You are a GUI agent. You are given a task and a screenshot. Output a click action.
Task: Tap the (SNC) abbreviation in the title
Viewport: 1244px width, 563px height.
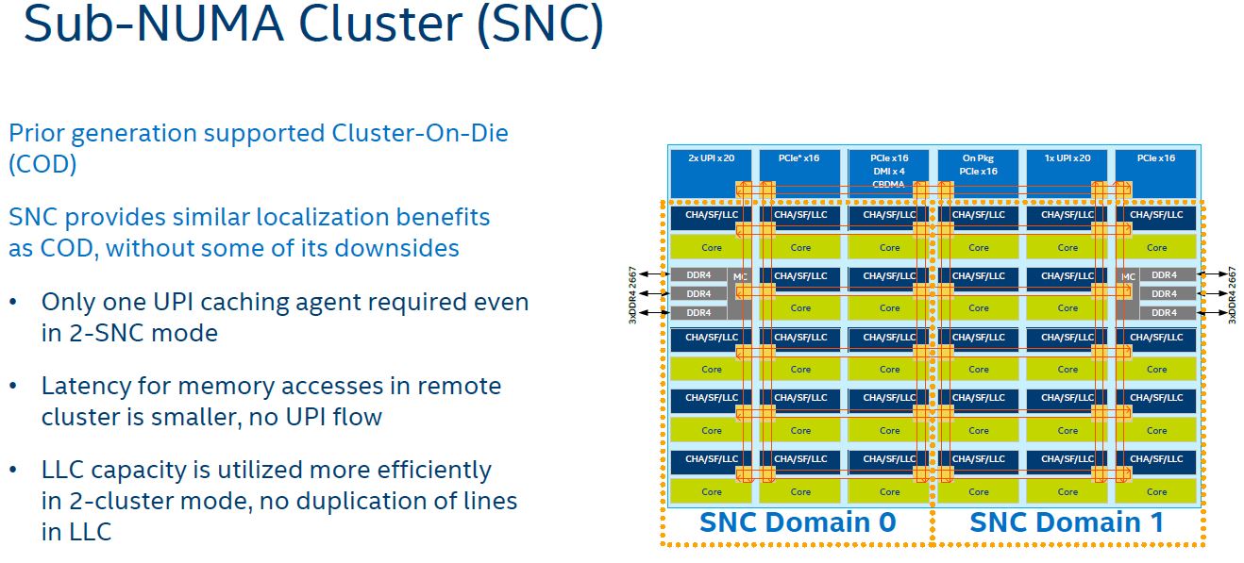(540, 25)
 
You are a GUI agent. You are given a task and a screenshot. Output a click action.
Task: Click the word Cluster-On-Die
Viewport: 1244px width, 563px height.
(420, 133)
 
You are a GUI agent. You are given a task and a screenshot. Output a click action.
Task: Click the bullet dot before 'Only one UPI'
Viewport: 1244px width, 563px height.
(13, 304)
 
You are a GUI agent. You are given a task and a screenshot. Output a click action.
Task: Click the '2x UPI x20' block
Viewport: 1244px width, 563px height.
(711, 172)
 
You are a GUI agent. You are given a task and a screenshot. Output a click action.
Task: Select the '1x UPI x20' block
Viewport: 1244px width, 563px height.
(1067, 172)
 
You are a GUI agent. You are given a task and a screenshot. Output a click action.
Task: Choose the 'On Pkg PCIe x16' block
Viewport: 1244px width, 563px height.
(978, 172)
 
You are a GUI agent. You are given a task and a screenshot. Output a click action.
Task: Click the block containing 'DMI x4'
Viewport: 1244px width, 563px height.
(888, 172)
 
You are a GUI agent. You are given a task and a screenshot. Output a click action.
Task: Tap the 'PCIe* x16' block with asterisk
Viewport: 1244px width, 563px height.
(799, 172)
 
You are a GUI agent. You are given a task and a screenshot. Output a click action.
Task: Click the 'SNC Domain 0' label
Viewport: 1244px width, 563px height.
(797, 522)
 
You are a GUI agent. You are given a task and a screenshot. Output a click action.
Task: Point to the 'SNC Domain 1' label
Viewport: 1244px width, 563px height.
(1067, 522)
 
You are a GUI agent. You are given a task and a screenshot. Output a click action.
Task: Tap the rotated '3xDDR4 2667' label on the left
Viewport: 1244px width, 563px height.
(633, 294)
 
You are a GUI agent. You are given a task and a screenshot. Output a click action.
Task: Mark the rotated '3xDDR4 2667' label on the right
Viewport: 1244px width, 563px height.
(1231, 294)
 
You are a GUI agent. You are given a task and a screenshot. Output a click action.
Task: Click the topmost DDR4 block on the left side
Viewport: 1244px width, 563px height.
(698, 275)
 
